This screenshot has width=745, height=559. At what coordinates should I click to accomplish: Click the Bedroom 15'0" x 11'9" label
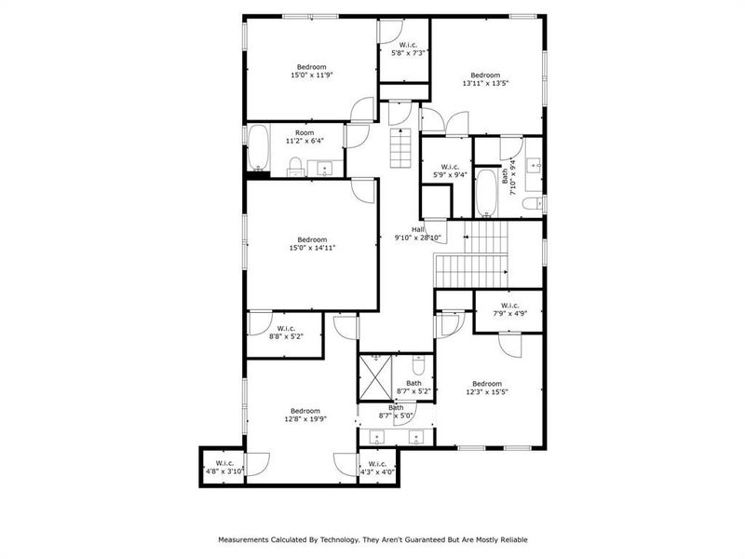pos(311,72)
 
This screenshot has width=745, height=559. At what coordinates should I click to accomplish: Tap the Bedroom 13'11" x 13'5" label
pos(484,80)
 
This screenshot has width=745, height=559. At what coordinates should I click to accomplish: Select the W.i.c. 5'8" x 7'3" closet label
pos(408,49)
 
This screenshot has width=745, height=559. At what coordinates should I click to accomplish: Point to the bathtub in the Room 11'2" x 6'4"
pos(258,149)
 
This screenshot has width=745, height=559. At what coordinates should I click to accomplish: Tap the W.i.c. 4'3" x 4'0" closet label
pos(377,468)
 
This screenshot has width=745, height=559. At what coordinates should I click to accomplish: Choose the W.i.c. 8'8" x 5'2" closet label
pos(282,333)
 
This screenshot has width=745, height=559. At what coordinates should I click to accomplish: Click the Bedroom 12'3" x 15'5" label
pos(486,389)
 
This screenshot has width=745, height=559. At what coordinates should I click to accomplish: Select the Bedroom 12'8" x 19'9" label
pos(305,416)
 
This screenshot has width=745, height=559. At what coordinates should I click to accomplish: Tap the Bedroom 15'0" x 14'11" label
pos(312,243)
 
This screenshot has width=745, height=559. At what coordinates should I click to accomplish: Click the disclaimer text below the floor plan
pos(372,539)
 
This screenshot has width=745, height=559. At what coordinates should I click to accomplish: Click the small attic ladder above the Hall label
pos(400,147)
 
